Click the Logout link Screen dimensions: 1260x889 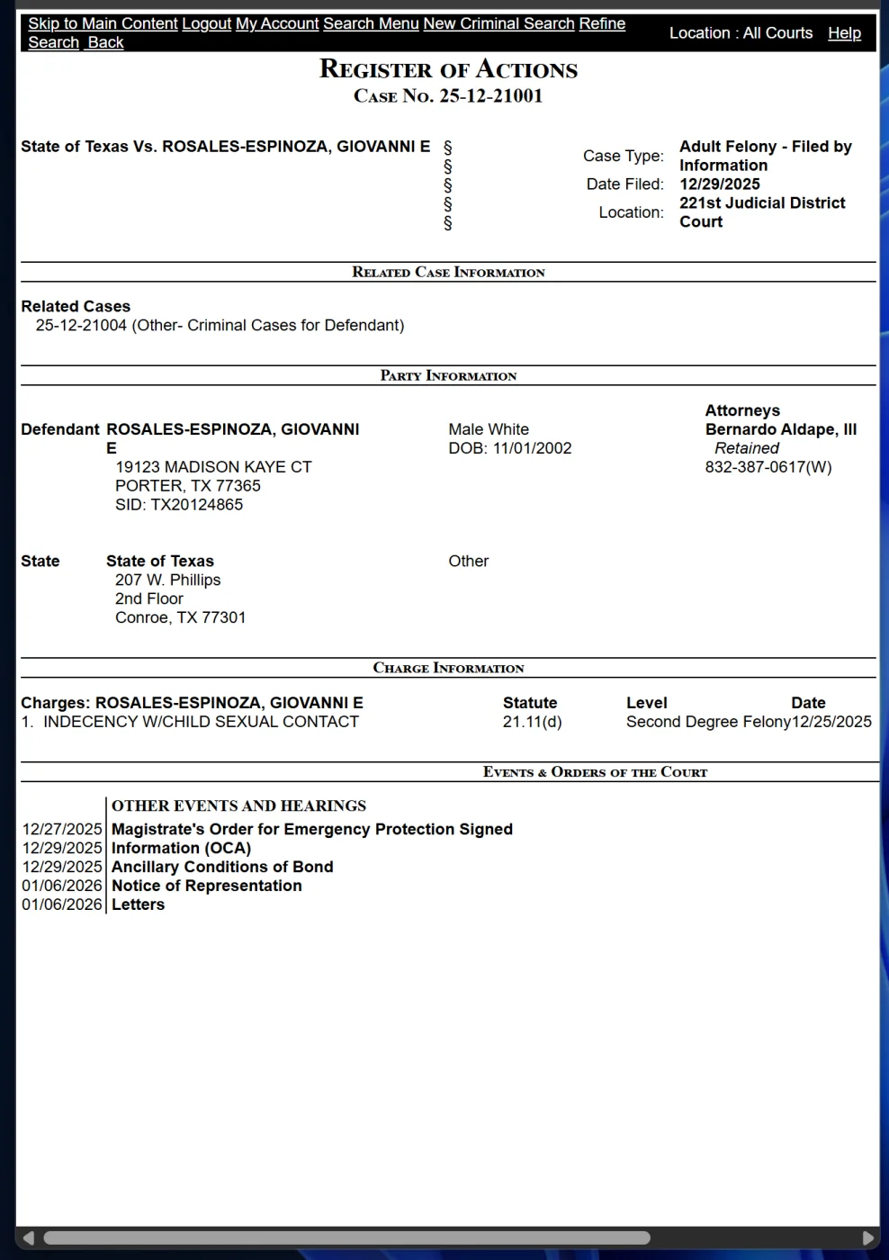point(206,23)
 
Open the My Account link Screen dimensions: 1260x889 point(277,23)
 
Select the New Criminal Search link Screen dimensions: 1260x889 point(498,23)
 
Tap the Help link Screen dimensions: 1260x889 point(844,32)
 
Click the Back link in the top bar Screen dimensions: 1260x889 point(105,42)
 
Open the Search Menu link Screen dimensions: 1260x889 point(371,23)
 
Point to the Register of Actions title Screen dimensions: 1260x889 point(448,69)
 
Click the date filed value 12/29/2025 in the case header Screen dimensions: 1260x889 point(719,184)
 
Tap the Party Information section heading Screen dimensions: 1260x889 point(448,375)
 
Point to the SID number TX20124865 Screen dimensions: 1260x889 point(179,505)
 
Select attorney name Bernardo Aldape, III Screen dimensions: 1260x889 point(780,429)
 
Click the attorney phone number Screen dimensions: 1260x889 point(768,467)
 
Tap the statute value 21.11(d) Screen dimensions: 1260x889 point(532,722)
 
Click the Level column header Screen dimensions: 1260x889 point(646,703)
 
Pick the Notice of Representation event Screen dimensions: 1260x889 point(206,886)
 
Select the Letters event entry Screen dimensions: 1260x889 point(138,904)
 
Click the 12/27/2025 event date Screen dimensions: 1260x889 point(62,829)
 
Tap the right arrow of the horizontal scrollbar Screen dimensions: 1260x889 point(867,1237)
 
